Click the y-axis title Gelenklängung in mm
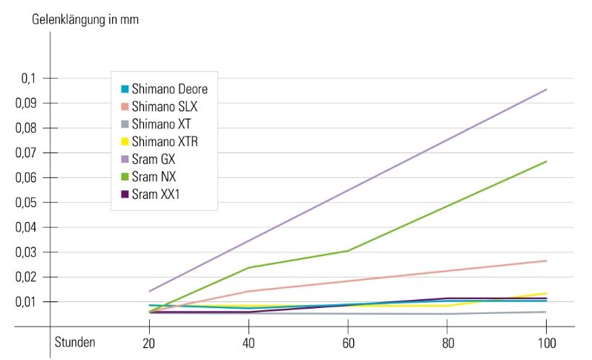pos(85,19)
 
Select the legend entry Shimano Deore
pos(169,88)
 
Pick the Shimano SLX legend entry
pos(164,106)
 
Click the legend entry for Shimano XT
pos(160,124)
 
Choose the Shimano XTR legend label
pos(164,141)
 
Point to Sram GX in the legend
pos(153,159)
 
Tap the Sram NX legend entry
pos(153,177)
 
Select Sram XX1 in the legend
pos(156,194)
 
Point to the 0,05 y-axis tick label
pos(27,203)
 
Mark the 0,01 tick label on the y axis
pos(27,302)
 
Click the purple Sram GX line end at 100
pos(546,90)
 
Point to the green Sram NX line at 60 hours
pos(349,251)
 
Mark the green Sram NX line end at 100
pos(546,162)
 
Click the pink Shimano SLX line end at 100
pos(546,261)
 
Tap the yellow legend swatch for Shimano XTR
pos(125,142)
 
